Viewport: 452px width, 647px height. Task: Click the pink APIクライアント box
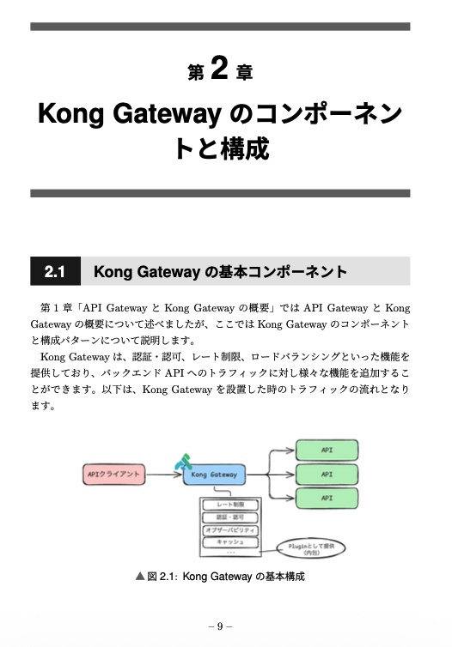pos(114,473)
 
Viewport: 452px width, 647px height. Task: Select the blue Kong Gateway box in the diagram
pos(214,474)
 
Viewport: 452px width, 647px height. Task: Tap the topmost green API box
pos(327,450)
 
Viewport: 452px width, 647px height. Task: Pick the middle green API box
pos(327,474)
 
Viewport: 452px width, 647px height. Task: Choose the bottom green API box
pos(327,498)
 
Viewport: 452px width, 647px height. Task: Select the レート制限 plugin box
pos(224,504)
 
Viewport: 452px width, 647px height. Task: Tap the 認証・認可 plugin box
pos(224,517)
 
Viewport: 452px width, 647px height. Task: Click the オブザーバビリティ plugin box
pos(224,530)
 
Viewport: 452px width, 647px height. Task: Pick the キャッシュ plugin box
pos(224,542)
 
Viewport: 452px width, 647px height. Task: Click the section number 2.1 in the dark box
pos(55,273)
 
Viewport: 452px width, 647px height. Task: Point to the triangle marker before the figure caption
pos(141,577)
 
